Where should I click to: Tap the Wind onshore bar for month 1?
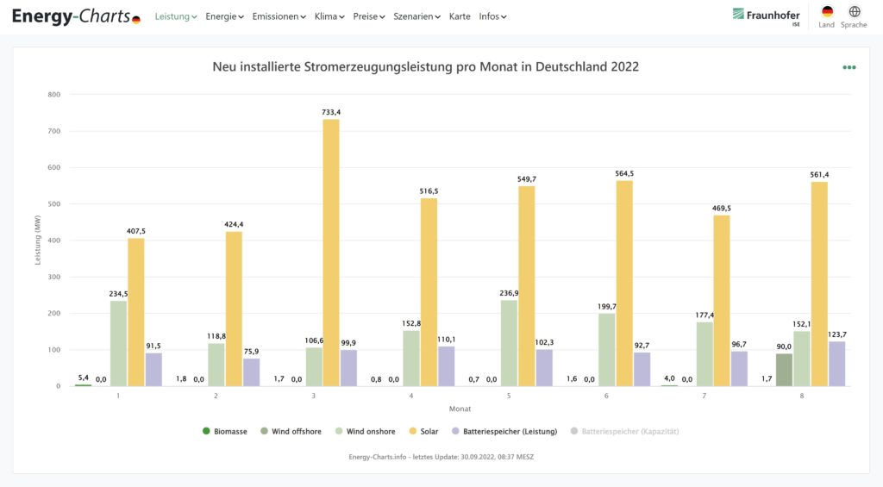click(x=118, y=342)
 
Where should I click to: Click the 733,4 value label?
click(x=331, y=112)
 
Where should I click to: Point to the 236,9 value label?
click(x=509, y=293)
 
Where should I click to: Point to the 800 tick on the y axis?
click(x=53, y=95)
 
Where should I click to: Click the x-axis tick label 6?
click(x=606, y=396)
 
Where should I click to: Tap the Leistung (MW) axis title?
click(x=38, y=240)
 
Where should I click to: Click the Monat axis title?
click(x=460, y=409)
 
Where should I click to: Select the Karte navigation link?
click(x=460, y=16)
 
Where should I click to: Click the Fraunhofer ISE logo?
click(x=766, y=16)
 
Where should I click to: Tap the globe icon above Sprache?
click(x=854, y=12)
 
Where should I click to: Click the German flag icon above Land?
click(x=827, y=12)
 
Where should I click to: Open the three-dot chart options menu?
click(x=849, y=67)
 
